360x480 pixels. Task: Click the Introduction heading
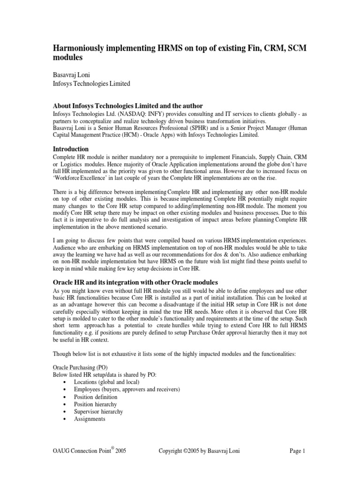pyautogui.click(x=70, y=149)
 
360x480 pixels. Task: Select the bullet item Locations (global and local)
pyautogui.click(x=106, y=382)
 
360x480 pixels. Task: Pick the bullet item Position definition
pyautogui.click(x=96, y=397)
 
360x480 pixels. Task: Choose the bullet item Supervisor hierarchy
pyautogui.click(x=98, y=412)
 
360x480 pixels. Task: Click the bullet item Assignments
pyautogui.click(x=90, y=419)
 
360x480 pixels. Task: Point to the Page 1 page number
pyautogui.click(x=298, y=451)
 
